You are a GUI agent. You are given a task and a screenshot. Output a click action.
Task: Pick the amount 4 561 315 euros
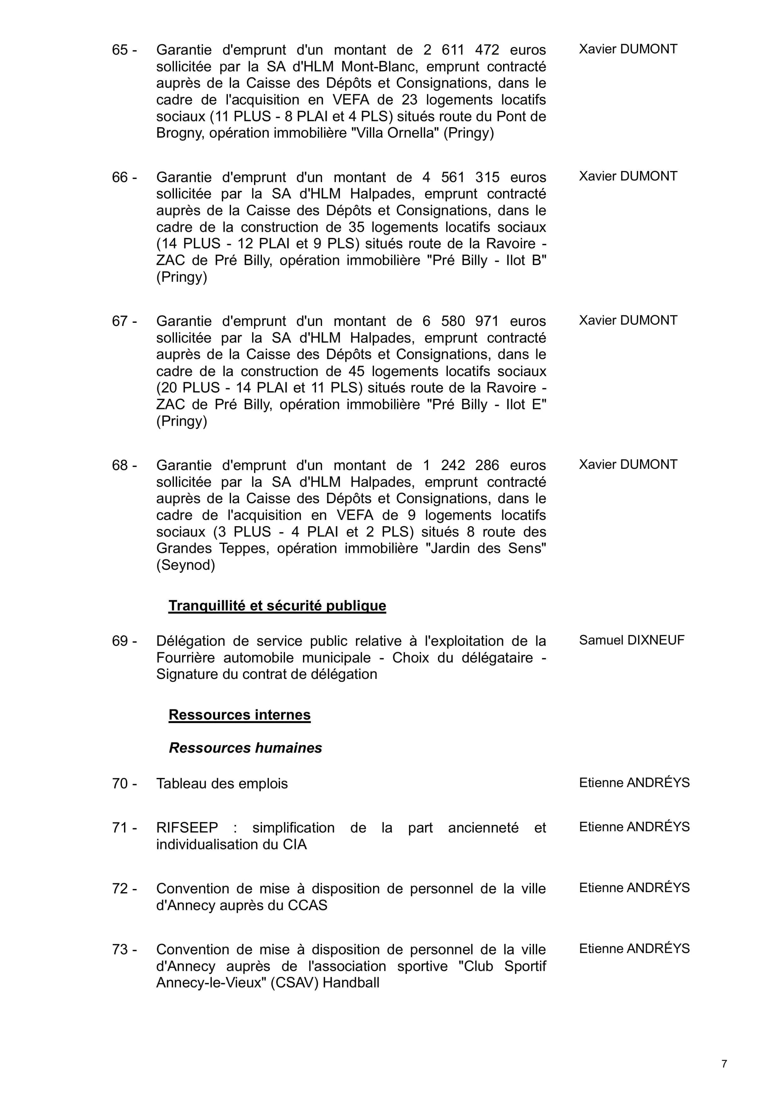(484, 177)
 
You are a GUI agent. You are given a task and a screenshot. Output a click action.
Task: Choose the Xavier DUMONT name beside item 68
(628, 465)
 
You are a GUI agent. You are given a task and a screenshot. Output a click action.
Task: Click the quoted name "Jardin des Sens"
(486, 548)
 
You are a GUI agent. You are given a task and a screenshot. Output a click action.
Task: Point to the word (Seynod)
(185, 565)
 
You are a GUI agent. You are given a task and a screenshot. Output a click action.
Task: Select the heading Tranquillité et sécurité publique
(277, 606)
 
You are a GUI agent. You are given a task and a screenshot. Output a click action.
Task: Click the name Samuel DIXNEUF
(631, 640)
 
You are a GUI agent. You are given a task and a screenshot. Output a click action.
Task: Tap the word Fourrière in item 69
(185, 658)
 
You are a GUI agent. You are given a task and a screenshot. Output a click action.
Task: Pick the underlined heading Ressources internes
(239, 715)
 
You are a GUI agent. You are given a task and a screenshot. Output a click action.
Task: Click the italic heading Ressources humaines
(245, 748)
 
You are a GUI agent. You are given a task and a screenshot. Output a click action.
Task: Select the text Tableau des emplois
(222, 784)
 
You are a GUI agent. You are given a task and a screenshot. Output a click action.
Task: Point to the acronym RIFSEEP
(187, 828)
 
